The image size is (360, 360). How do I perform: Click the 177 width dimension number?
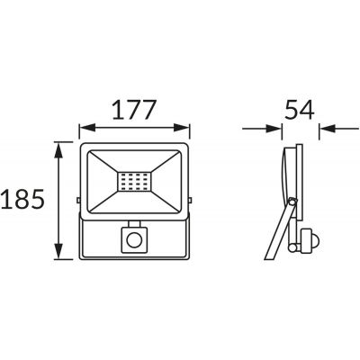pos(134,109)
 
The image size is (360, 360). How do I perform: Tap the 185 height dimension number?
pos(22,199)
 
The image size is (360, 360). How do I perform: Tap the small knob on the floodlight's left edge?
pos(78,200)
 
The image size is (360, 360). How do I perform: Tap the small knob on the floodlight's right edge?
pos(190,200)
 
